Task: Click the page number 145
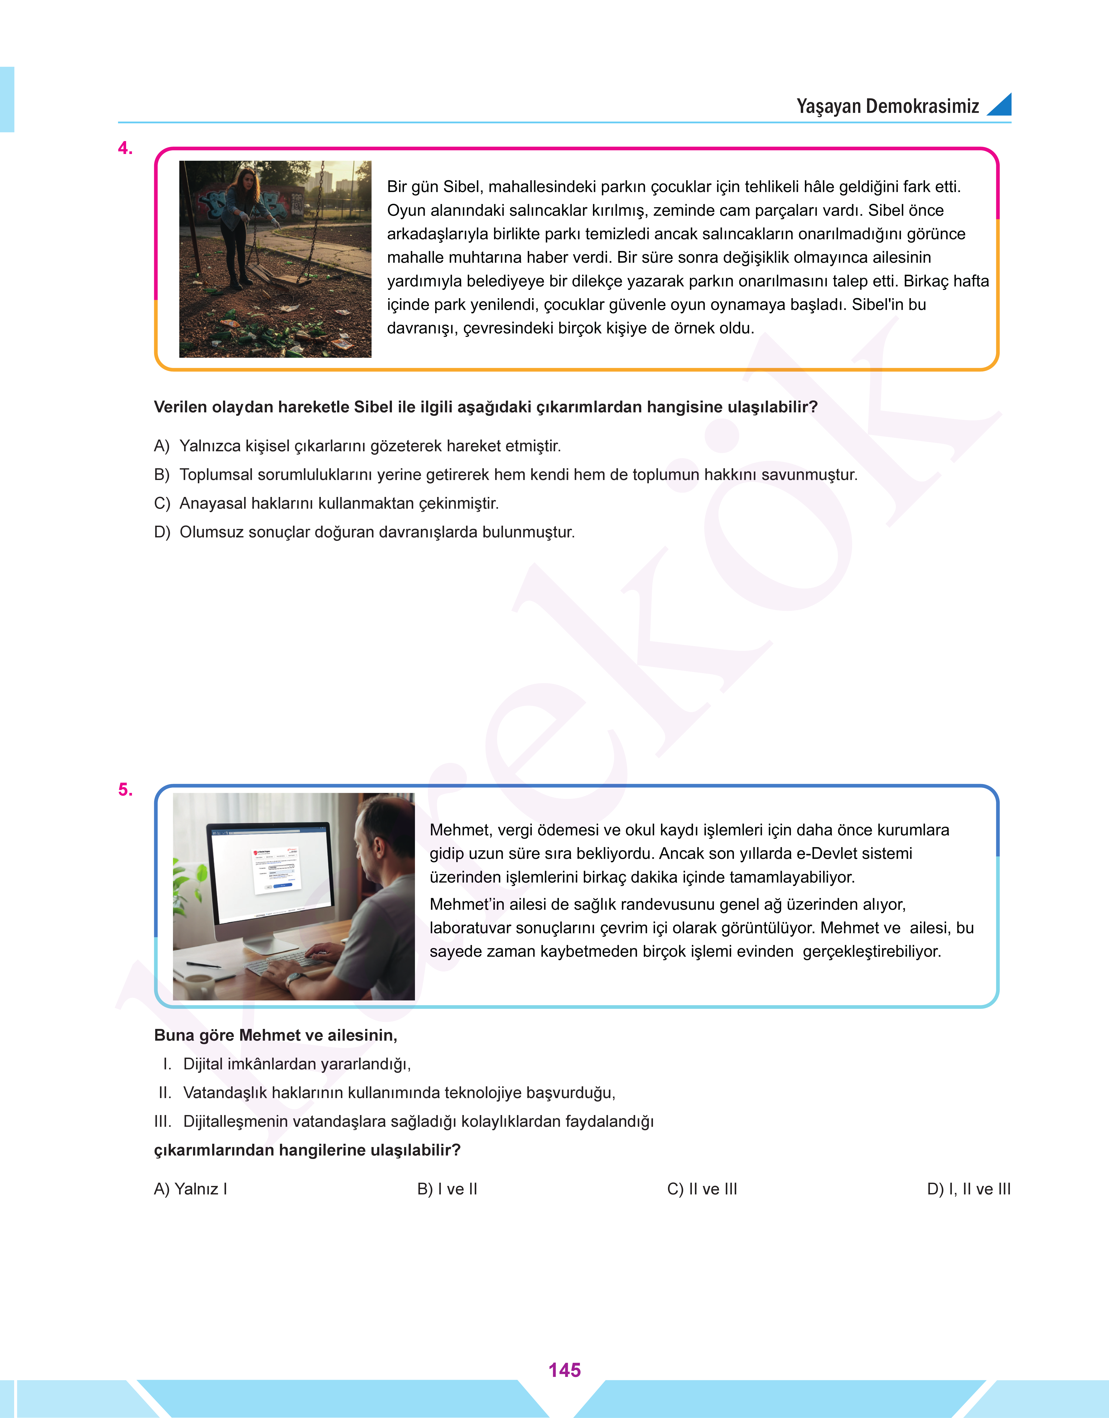coord(564,1370)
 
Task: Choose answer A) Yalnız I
coord(190,1189)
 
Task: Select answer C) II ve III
coord(702,1189)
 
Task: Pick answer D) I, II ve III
coord(968,1189)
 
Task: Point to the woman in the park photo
coord(243,221)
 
